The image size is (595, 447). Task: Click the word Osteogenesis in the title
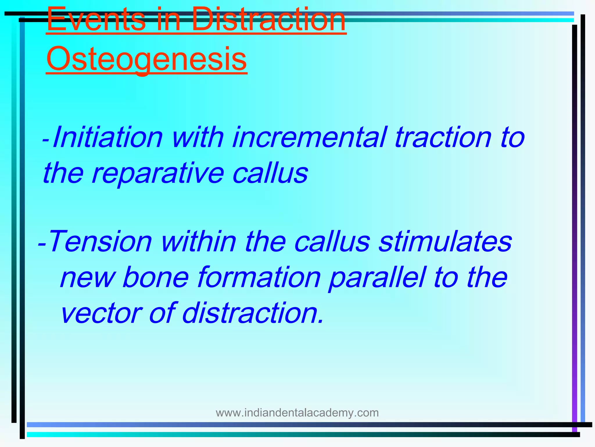146,59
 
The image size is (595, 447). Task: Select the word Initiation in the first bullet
107,137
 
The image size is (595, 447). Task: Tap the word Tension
100,242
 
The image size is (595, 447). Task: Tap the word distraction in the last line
252,313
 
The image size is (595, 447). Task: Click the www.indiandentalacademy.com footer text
297,413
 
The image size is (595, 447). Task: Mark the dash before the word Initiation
46,139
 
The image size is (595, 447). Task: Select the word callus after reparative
270,173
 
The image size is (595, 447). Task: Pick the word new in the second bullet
87,278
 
